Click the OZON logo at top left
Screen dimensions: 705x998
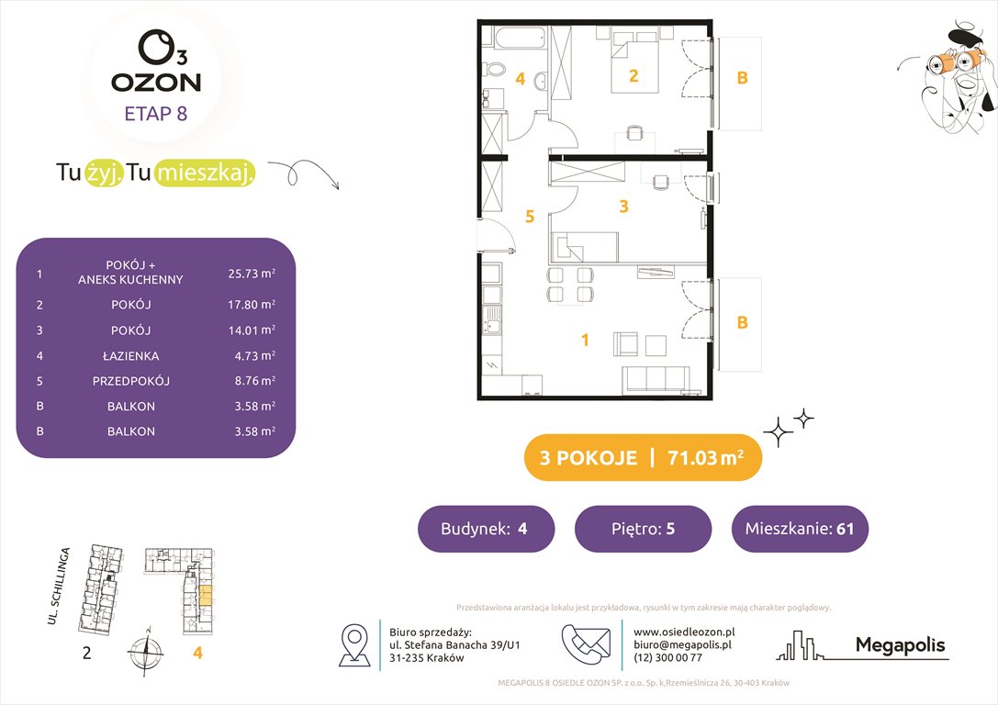tap(156, 64)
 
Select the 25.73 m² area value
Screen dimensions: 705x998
tap(251, 273)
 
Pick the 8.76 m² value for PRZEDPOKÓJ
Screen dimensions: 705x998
tap(251, 380)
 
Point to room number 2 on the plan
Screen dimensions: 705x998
tap(634, 76)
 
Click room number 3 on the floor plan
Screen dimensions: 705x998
tap(623, 207)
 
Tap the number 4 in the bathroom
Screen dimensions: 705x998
tap(520, 79)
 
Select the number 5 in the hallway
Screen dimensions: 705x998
tap(529, 218)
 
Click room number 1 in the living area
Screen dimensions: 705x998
tap(585, 341)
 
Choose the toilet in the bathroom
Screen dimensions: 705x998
tap(494, 68)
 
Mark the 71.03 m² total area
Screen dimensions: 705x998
tap(703, 458)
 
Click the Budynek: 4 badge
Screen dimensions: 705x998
tap(486, 529)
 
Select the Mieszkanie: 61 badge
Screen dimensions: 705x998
tap(800, 529)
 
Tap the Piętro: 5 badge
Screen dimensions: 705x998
tap(643, 529)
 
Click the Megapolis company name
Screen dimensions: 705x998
tap(900, 645)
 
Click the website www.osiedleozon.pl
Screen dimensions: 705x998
tap(684, 632)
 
